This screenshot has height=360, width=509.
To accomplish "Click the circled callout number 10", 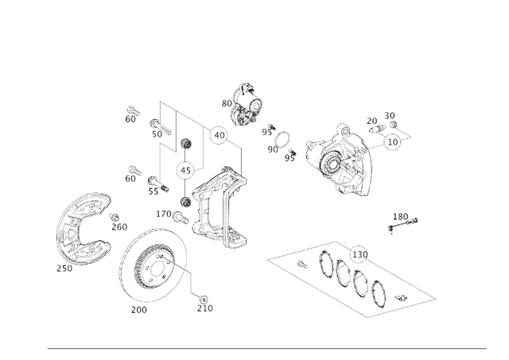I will [x=393, y=142].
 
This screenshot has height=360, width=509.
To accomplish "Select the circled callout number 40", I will [x=220, y=135].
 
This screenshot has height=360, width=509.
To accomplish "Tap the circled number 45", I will [x=185, y=170].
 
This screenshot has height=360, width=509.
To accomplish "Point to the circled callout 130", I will [x=359, y=254].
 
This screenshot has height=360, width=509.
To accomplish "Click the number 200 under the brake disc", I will [x=138, y=310].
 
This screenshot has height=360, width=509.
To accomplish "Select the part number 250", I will [x=64, y=268].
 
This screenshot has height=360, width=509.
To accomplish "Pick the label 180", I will [x=400, y=216].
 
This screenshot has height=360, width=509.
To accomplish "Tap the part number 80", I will [x=227, y=103].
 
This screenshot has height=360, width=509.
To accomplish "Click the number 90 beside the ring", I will [x=273, y=149].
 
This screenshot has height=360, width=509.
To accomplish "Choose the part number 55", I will [x=153, y=192].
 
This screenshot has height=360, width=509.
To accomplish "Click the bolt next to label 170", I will [x=181, y=215].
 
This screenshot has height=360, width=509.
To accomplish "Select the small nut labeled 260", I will [x=115, y=217].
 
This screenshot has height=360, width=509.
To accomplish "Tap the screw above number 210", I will [x=201, y=296].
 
